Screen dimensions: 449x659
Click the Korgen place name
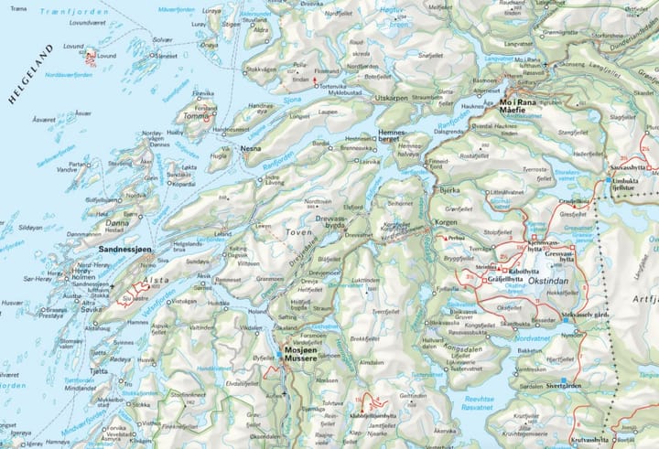[x=444, y=222]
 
